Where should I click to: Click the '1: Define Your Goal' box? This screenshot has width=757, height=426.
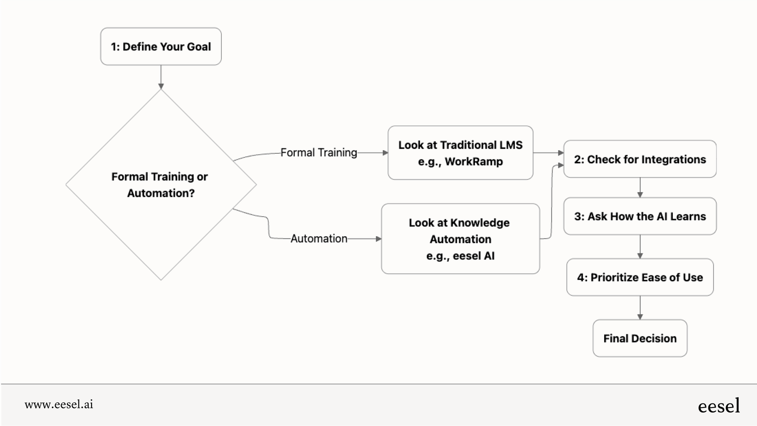coord(161,46)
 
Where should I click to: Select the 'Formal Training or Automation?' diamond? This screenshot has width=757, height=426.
coord(161,185)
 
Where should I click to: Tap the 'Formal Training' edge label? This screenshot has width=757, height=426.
coord(319,153)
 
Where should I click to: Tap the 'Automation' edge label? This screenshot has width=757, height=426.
coord(319,238)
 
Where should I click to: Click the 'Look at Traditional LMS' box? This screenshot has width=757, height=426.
coord(460,145)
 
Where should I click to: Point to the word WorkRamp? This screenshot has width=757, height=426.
coord(474,161)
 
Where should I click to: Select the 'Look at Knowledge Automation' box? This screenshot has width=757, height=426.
coord(460,231)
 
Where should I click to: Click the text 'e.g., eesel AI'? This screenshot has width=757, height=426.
coord(460,256)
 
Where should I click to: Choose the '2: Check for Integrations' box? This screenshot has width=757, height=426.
coord(639,159)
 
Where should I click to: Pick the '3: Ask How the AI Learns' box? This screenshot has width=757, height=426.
coord(639,216)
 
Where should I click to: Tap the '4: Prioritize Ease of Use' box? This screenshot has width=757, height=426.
coord(639,277)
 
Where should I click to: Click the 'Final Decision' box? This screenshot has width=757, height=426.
coord(639,339)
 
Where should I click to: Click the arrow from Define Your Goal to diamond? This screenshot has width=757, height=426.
coord(161,77)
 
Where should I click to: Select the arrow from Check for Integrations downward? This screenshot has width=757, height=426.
coord(640,188)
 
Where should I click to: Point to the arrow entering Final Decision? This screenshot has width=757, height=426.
coord(640,308)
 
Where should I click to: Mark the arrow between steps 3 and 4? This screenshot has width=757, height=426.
coord(640,247)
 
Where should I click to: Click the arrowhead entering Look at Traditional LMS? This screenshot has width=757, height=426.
coord(385,153)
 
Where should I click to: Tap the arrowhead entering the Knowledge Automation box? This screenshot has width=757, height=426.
coord(378,238)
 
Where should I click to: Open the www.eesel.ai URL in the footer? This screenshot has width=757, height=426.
coord(59,404)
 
